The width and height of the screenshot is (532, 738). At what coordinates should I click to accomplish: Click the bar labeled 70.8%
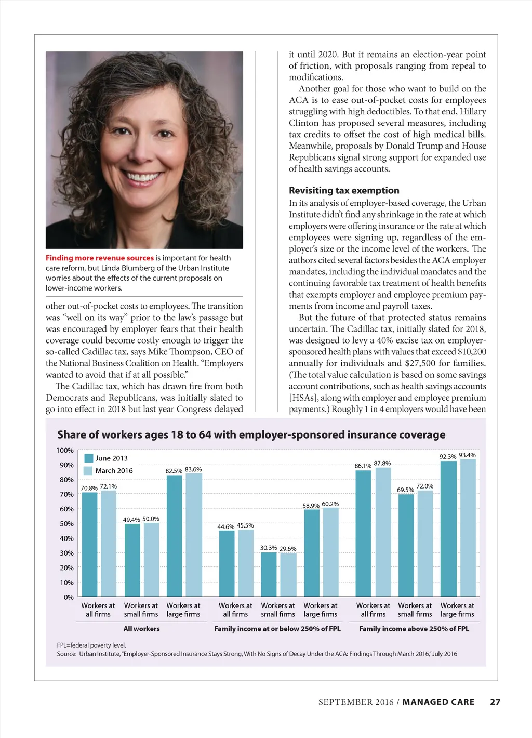pyautogui.click(x=89, y=544)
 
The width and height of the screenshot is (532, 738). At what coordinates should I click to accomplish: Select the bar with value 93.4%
pyautogui.click(x=468, y=528)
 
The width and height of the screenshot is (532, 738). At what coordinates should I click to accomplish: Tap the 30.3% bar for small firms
pyautogui.click(x=269, y=574)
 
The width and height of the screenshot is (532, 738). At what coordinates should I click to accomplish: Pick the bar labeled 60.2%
pyautogui.click(x=330, y=551)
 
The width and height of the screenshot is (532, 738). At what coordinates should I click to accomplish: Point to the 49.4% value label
pyautogui.click(x=131, y=520)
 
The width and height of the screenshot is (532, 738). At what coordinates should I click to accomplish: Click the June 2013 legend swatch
pyautogui.click(x=88, y=458)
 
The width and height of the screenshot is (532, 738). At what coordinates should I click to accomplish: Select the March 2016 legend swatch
pyautogui.click(x=88, y=470)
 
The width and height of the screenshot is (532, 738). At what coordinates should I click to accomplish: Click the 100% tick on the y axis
pyautogui.click(x=65, y=450)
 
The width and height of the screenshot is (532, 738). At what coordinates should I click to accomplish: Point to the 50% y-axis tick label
pyautogui.click(x=66, y=524)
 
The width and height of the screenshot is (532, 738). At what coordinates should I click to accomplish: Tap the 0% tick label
pyautogui.click(x=69, y=597)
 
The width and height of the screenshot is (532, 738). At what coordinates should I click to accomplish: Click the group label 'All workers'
pyautogui.click(x=141, y=629)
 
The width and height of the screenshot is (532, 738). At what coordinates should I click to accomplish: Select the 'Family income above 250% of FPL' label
pyautogui.click(x=414, y=629)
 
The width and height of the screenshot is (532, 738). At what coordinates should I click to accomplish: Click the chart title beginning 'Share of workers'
pyautogui.click(x=251, y=434)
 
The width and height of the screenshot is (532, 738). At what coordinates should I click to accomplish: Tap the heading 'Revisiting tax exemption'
pyautogui.click(x=344, y=190)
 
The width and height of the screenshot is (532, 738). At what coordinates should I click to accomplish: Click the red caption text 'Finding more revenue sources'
pyautogui.click(x=100, y=258)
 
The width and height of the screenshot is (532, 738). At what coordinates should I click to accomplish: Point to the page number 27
pyautogui.click(x=495, y=702)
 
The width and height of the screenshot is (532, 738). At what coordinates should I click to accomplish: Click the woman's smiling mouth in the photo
pyautogui.click(x=142, y=177)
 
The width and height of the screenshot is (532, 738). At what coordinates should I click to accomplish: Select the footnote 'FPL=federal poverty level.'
pyautogui.click(x=91, y=645)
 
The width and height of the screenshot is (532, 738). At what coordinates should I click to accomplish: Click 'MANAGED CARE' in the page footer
pyautogui.click(x=438, y=702)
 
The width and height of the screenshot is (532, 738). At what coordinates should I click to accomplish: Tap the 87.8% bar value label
pyautogui.click(x=382, y=463)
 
